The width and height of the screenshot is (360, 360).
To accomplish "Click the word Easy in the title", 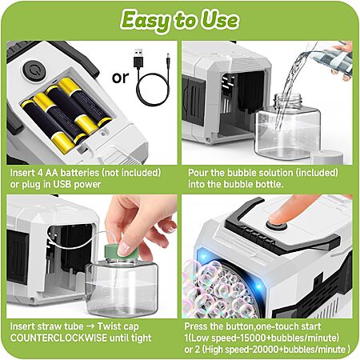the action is click(x=145, y=21).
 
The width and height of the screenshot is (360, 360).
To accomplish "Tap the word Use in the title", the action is click(x=219, y=20).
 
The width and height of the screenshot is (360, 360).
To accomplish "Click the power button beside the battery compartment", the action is click(x=34, y=70).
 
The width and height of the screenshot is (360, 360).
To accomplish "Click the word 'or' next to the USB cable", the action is click(x=120, y=78).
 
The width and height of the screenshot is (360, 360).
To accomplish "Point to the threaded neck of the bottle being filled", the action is click(x=288, y=101).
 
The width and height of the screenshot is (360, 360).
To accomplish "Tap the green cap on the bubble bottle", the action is click(x=122, y=250).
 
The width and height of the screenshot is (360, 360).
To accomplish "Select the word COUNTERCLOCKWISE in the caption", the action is click(x=58, y=338).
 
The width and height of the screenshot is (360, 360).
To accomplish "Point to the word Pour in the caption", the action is click(x=198, y=173).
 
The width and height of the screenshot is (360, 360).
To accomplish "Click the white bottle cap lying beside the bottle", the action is click(x=326, y=158).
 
